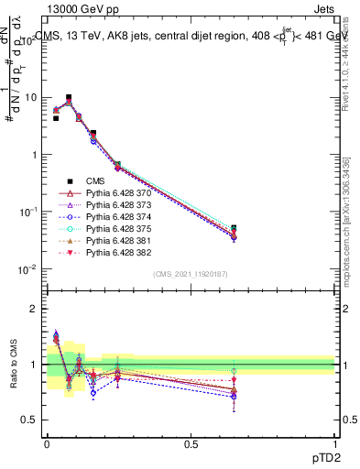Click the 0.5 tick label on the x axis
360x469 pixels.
tap(191, 443)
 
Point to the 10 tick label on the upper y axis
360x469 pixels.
tap(30, 97)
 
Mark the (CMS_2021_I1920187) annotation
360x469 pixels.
tap(191, 274)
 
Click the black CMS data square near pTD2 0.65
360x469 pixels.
tap(234, 228)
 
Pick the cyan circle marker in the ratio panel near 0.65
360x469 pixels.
tap(234, 371)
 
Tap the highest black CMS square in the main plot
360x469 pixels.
tap(69, 97)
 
